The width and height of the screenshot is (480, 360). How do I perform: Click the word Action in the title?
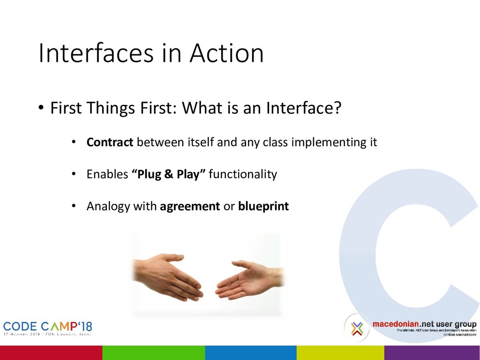[226, 53]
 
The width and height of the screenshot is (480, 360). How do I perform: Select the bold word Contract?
[110, 142]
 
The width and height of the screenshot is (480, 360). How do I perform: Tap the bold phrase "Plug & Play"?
[169, 174]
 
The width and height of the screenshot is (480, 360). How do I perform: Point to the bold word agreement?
[190, 207]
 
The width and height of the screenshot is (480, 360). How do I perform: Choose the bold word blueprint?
[263, 206]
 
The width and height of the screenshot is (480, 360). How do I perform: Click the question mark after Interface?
[337, 107]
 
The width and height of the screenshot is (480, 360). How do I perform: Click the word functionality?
[243, 174]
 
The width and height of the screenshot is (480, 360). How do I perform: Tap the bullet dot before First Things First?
[41, 108]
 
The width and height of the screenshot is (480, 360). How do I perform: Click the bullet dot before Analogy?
[74, 206]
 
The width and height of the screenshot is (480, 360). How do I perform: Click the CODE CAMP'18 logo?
[47, 328]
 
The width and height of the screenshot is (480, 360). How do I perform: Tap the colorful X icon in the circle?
[357, 328]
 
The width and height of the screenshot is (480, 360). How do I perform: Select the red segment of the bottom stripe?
[51, 352]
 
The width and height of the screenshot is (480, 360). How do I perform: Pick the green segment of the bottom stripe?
[154, 352]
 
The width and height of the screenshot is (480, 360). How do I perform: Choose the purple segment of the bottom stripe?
[432, 352]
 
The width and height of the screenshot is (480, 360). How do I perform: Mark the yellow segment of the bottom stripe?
[340, 352]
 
